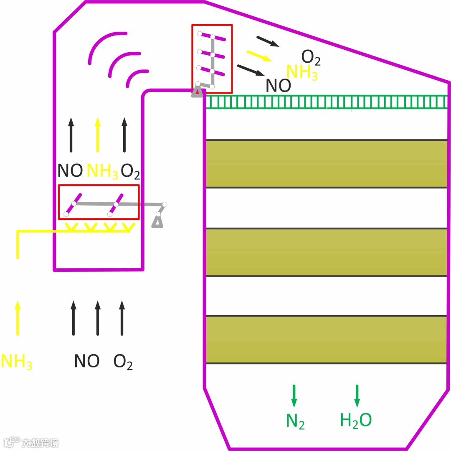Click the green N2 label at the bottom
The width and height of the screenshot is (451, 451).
coord(295,421)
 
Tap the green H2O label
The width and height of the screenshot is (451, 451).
coord(356,420)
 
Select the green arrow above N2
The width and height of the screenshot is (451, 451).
coord(294,395)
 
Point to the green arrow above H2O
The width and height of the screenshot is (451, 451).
coord(357,395)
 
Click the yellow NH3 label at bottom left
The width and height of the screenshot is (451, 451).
coord(17,362)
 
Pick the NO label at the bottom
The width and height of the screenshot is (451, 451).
coord(87,361)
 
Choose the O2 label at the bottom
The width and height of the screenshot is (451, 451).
coord(123,362)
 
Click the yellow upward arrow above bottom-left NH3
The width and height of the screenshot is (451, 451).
coord(17,318)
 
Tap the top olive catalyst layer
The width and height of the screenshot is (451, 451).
coord(327,164)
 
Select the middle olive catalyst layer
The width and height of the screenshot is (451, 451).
coord(327,252)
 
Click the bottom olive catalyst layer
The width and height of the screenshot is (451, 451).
coord(327,339)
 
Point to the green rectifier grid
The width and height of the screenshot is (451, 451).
coord(327,102)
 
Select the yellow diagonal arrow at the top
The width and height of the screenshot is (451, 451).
coord(259,56)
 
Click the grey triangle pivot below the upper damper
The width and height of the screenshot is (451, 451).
coord(197,92)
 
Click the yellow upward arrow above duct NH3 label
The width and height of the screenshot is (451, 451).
coord(97,134)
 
